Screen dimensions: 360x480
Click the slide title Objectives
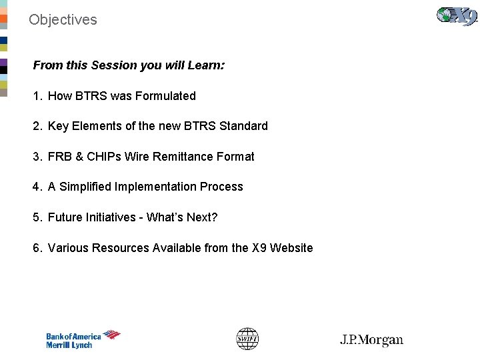63,20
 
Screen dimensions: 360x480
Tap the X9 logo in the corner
457,16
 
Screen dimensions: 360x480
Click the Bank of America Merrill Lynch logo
83,340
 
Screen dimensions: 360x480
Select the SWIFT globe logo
247,339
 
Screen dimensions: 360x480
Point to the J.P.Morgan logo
371,340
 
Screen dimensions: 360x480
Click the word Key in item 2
58,126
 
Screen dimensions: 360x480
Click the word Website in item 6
291,248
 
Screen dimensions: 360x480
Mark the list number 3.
37,157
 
